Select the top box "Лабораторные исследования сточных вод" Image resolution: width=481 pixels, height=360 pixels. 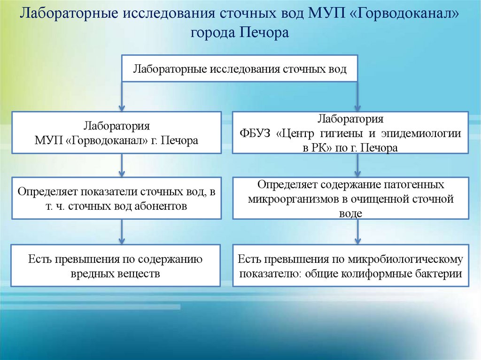(x=240, y=69)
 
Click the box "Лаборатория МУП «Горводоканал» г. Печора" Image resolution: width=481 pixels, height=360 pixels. (x=116, y=132)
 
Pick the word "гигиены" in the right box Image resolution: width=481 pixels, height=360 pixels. (x=344, y=133)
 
